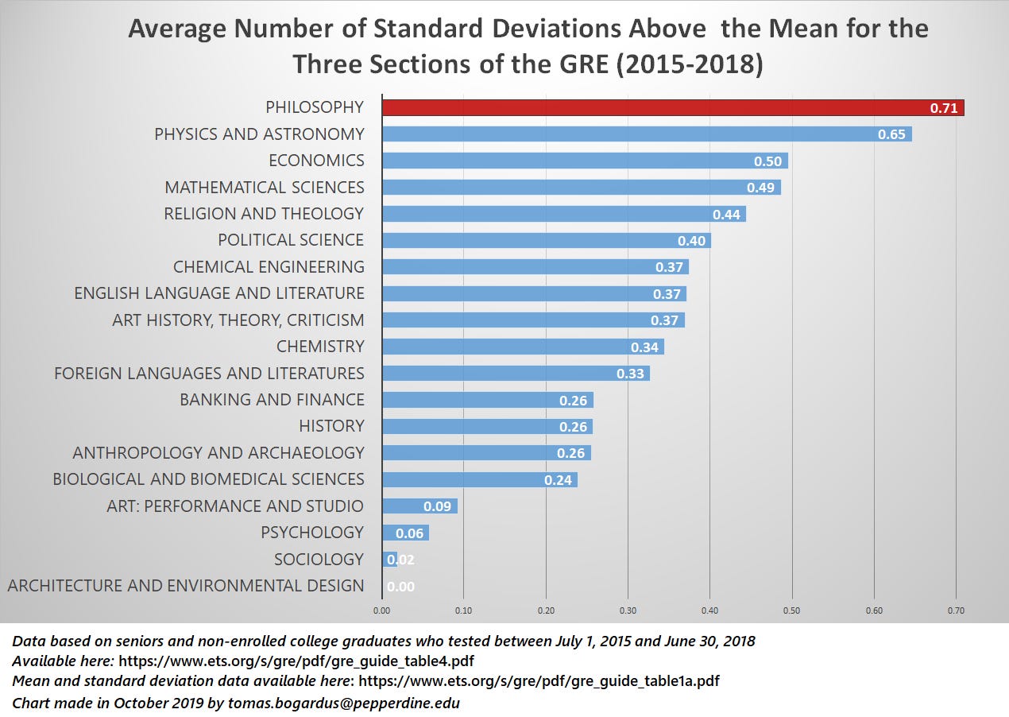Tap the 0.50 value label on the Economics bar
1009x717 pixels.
[767, 161]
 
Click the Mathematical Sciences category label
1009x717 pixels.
[265, 188]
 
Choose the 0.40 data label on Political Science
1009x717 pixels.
[691, 241]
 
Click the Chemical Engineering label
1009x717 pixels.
[269, 267]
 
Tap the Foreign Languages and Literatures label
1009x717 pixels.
[209, 374]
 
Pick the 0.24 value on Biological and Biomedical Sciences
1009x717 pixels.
[558, 480]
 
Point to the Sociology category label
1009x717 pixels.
[319, 560]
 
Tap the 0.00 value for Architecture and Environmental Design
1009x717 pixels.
[400, 587]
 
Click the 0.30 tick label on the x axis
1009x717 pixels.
[628, 611]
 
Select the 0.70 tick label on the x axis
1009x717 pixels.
[956, 611]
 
